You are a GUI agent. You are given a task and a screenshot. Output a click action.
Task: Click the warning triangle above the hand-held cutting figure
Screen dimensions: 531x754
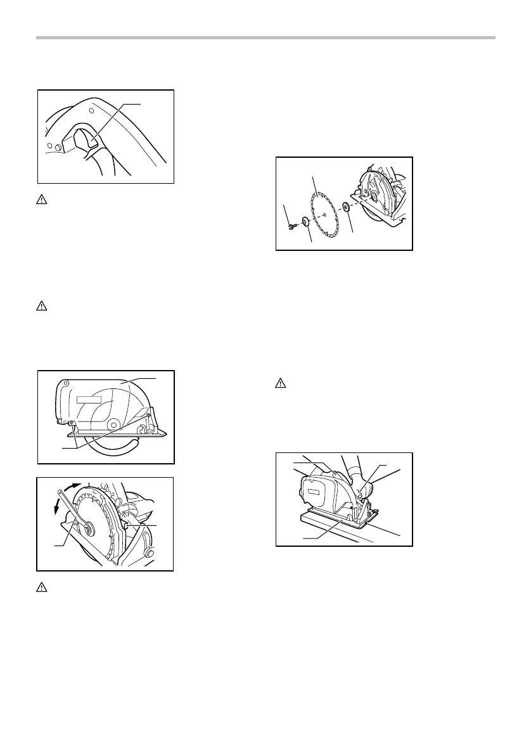click(279, 383)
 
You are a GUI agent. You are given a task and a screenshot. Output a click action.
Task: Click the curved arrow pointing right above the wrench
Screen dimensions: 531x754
click(81, 489)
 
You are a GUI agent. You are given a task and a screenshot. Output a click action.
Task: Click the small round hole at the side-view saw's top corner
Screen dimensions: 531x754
click(64, 383)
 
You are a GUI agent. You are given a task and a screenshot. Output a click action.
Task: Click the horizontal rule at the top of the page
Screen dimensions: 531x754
click(265, 38)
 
